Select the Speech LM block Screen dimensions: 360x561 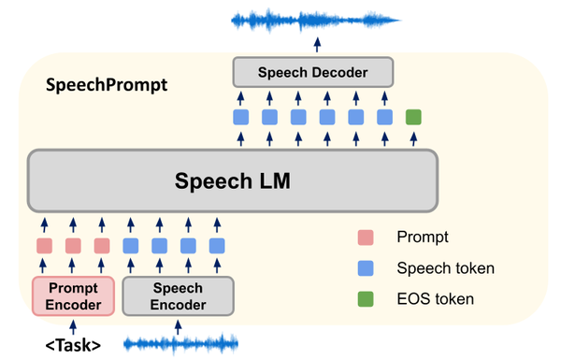pos(233,180)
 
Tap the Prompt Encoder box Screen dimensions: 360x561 pos(73,295)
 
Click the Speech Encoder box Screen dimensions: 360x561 pos(178,295)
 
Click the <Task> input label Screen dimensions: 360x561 pos(73,345)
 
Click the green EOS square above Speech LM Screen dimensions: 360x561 pos(413,118)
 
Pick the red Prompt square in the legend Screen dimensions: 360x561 pos(366,238)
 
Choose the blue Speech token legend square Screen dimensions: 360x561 pos(366,268)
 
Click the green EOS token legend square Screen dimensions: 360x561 pos(366,299)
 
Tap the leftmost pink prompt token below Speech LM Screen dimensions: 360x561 pos(44,247)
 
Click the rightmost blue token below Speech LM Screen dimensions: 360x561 pos(218,247)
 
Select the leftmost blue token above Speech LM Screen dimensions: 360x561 pos(240,118)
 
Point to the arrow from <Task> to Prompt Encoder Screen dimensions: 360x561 pos(73,323)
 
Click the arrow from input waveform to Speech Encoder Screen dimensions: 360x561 pos(178,323)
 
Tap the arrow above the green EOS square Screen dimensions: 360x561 pos(413,95)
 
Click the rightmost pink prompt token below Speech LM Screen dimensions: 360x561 pos(102,247)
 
